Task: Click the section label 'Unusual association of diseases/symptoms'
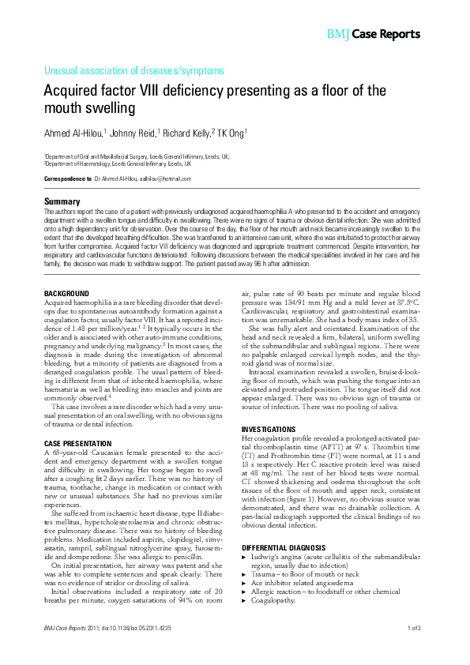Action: click(x=134, y=70)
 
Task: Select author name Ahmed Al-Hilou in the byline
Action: click(x=78, y=133)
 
